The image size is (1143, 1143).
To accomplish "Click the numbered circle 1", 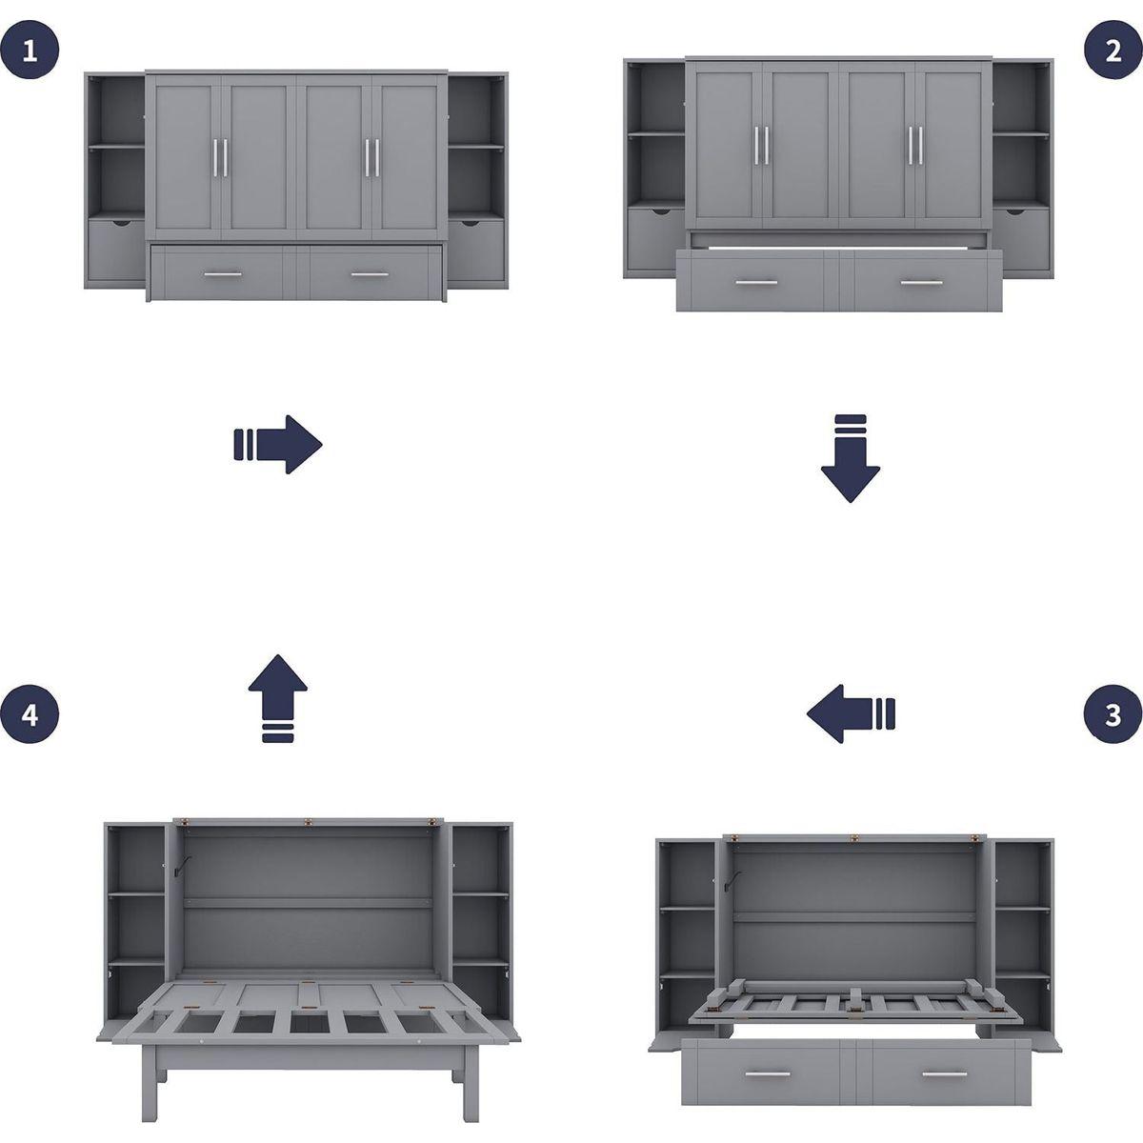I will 30,50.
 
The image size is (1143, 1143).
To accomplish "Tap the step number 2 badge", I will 1113,50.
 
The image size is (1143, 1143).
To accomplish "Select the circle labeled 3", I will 1113,714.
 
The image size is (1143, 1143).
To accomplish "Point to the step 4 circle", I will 30,714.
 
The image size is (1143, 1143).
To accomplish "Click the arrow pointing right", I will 278,444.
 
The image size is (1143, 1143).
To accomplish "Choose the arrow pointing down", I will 850,458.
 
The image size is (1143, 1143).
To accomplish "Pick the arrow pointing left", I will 851,712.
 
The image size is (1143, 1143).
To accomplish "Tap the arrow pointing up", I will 278,697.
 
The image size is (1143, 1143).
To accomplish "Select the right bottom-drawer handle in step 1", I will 370,274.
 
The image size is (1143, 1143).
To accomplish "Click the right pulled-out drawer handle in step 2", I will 920,283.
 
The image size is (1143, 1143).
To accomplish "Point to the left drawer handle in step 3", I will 772,1075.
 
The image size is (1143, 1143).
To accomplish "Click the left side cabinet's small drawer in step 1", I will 116,250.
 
